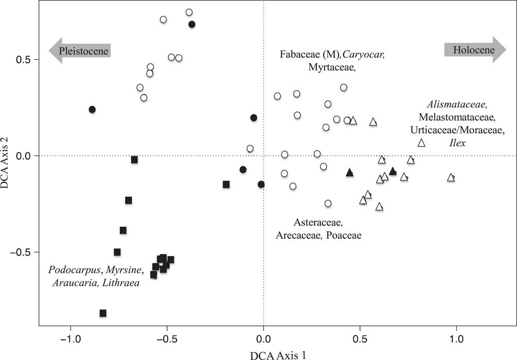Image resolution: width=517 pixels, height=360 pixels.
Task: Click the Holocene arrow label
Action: point(474,50)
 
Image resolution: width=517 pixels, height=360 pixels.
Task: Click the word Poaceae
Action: point(344,236)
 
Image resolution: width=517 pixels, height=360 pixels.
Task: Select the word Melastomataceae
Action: point(451,117)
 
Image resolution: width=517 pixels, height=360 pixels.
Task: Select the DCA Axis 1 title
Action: point(263,354)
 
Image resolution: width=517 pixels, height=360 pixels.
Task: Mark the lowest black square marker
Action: point(103,313)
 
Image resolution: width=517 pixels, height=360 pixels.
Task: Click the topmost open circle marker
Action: point(189,12)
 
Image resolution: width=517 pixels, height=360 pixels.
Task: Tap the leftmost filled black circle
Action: point(92,110)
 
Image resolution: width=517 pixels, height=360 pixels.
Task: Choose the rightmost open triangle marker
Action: point(451,177)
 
